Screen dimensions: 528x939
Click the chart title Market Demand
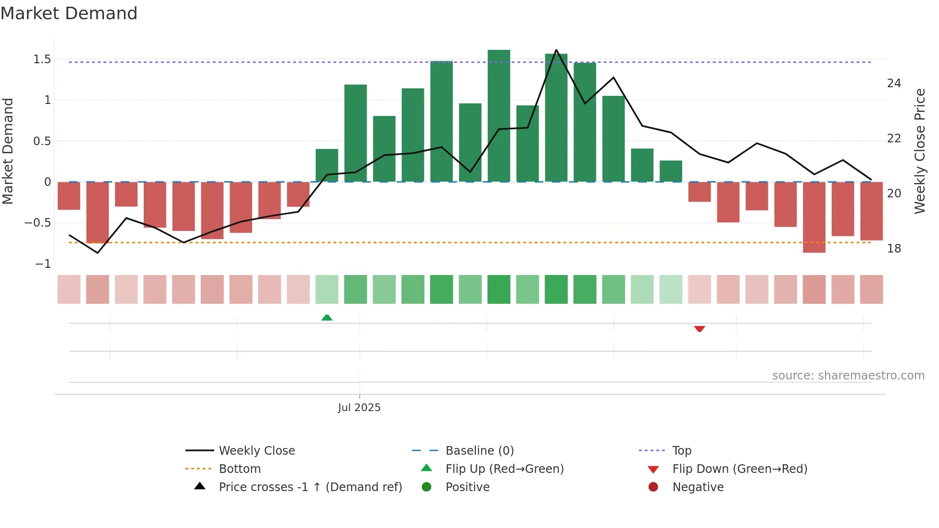(x=69, y=13)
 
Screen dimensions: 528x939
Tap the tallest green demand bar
(x=499, y=115)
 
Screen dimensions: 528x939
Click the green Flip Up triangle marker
(x=327, y=318)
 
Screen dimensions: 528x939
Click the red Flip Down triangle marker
(x=699, y=329)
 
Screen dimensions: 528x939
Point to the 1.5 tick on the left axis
(x=42, y=59)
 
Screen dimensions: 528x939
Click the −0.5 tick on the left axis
(x=38, y=223)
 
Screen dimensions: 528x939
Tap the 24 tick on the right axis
(x=894, y=83)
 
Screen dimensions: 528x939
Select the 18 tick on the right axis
(x=894, y=249)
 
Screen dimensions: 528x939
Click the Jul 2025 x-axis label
(x=359, y=408)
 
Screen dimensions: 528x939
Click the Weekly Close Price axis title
(x=919, y=151)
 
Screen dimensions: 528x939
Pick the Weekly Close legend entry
(x=257, y=451)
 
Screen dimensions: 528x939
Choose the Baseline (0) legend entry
(x=480, y=451)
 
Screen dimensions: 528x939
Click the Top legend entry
(x=681, y=451)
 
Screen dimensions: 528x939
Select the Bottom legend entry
(x=240, y=469)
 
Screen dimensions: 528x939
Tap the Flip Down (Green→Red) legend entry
(x=740, y=469)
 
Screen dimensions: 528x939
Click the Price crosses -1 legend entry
(x=310, y=487)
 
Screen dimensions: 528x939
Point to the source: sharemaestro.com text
(x=848, y=376)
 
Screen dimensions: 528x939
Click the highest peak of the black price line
(x=556, y=50)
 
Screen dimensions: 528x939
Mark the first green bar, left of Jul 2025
(x=327, y=165)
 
